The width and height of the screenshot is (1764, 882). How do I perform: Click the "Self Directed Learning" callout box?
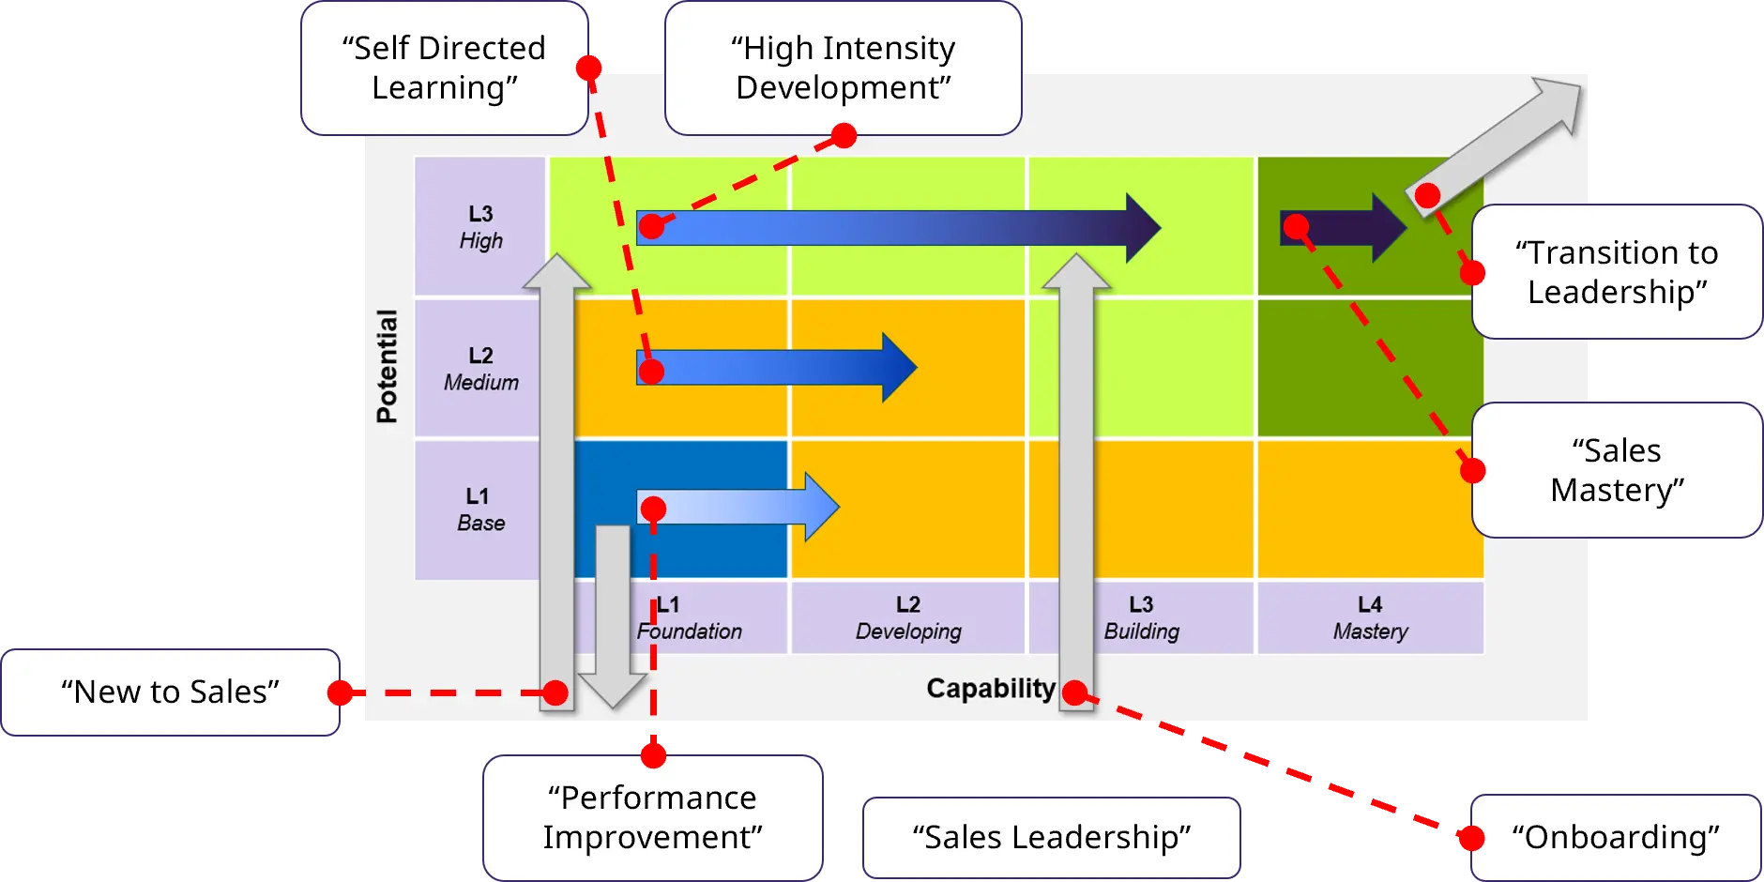click(444, 68)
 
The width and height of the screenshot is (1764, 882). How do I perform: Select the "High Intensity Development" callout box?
click(843, 68)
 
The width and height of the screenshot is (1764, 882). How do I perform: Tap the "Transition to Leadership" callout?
click(1617, 272)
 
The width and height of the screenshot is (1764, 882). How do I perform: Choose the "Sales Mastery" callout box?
click(1617, 470)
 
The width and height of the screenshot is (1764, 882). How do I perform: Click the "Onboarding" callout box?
click(1616, 837)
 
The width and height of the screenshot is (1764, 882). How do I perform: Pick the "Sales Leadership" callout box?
click(1052, 837)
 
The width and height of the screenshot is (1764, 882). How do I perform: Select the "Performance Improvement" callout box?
click(653, 817)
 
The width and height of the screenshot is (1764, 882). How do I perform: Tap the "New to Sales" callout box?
click(170, 692)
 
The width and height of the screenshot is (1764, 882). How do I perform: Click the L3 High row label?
click(480, 227)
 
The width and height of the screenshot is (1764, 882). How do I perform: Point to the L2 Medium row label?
click(480, 369)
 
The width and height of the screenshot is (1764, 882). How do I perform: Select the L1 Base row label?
click(480, 509)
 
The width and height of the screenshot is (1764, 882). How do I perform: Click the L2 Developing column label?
click(908, 618)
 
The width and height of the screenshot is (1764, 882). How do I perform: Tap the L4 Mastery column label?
click(1370, 618)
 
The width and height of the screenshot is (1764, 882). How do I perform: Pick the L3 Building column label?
click(1141, 618)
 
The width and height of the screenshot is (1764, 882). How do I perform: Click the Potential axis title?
click(387, 366)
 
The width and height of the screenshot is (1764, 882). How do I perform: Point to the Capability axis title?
click(991, 689)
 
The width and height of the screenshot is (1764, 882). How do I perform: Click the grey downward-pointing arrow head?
click(613, 690)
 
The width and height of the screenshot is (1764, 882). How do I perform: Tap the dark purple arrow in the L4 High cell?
click(1343, 227)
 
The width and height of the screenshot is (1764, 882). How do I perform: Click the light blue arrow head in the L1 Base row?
click(820, 508)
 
